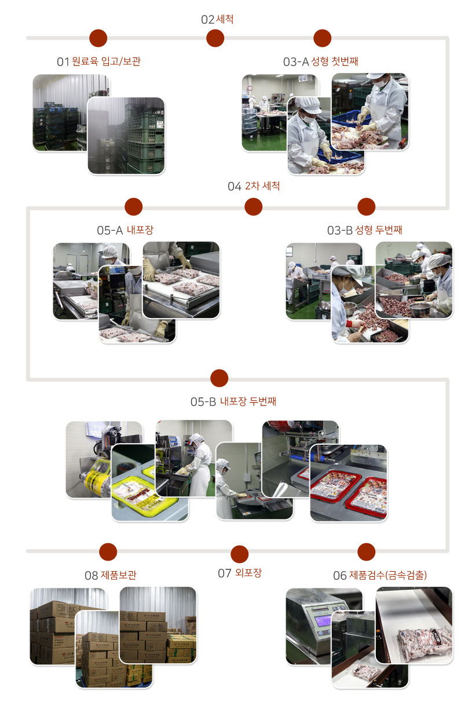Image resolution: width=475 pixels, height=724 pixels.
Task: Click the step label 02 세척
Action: pos(217,19)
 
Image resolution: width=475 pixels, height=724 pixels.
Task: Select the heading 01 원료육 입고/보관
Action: pos(98,61)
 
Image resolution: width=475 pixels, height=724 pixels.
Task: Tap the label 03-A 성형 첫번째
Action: pos(320,61)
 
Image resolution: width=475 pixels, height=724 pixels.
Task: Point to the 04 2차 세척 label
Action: pos(254,186)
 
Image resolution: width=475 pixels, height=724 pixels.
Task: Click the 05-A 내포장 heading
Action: pos(125,230)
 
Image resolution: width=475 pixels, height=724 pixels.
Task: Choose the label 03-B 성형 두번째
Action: pos(364,230)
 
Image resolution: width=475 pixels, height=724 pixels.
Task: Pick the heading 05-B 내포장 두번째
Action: pos(233,401)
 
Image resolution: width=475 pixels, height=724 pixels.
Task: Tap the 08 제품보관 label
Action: pos(111,575)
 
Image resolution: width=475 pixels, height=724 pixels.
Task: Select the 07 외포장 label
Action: pos(240,573)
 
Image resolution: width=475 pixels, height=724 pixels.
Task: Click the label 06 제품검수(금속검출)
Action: pos(380,575)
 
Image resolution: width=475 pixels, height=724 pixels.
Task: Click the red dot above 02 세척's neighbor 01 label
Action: pos(98,38)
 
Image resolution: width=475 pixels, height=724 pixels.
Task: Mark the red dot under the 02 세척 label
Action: pos(215,38)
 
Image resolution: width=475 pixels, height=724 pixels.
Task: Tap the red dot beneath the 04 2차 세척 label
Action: pos(254,207)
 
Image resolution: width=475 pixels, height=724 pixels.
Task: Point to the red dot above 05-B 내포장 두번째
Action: pos(219,378)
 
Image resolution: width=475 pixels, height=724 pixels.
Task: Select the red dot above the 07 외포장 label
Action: pos(240,554)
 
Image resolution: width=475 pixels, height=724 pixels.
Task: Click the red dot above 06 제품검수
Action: pos(366,552)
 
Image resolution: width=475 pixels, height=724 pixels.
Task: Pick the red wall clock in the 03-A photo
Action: pos(250,88)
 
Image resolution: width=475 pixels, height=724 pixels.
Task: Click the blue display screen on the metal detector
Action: pos(323,620)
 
